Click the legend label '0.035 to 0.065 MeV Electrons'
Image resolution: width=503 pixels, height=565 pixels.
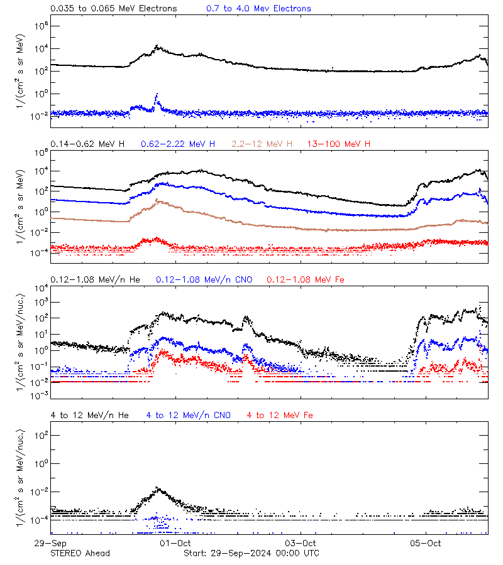(x=114, y=8)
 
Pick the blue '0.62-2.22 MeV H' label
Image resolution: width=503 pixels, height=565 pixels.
(x=178, y=144)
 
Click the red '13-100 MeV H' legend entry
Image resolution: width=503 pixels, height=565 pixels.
(x=338, y=144)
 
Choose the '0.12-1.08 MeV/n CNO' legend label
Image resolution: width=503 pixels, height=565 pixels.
(x=204, y=279)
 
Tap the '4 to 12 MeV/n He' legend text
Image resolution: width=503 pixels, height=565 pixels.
(x=90, y=415)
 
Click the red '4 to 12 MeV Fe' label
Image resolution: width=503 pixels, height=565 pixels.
(x=280, y=415)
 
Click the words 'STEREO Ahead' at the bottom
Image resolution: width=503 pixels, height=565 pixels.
(x=80, y=553)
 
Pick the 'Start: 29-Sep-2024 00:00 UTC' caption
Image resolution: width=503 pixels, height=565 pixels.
(x=251, y=553)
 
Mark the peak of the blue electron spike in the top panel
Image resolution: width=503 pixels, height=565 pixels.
(x=157, y=95)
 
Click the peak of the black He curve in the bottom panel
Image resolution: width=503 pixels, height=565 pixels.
(x=158, y=488)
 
